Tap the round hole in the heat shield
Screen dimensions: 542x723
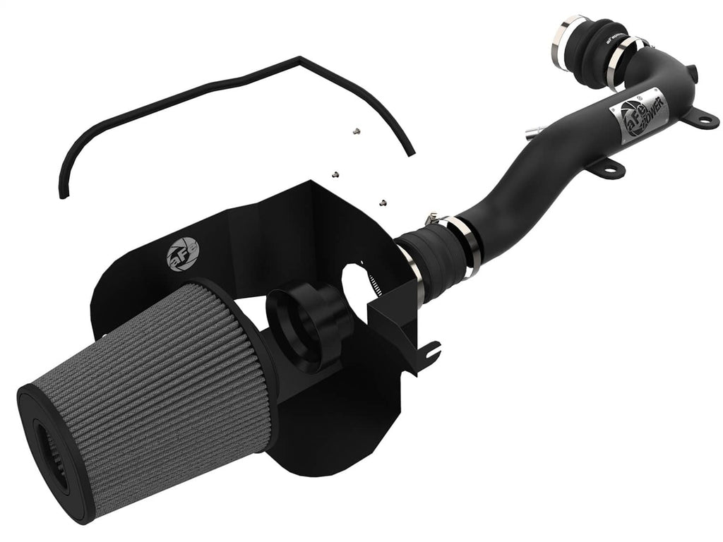367,282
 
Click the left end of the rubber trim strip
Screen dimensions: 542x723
63,193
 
